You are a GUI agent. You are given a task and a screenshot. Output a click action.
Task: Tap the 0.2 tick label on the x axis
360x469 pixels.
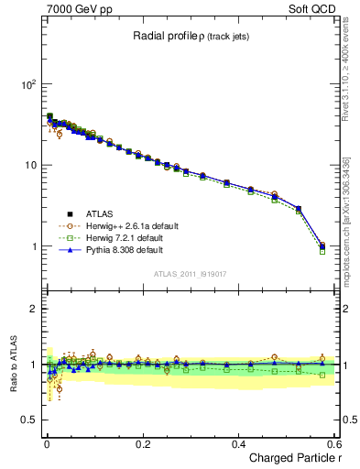coord(142,443)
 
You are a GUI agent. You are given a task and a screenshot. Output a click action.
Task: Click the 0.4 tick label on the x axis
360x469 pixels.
coord(238,443)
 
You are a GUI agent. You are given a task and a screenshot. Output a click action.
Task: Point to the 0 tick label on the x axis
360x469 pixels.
coord(46,443)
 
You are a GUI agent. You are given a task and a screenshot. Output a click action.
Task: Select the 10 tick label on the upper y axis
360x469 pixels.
coord(31,166)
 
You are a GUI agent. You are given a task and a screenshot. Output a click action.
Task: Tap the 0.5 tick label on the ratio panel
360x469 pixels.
coord(31,420)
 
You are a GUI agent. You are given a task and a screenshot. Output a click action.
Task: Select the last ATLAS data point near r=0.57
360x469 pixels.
coord(322,246)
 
